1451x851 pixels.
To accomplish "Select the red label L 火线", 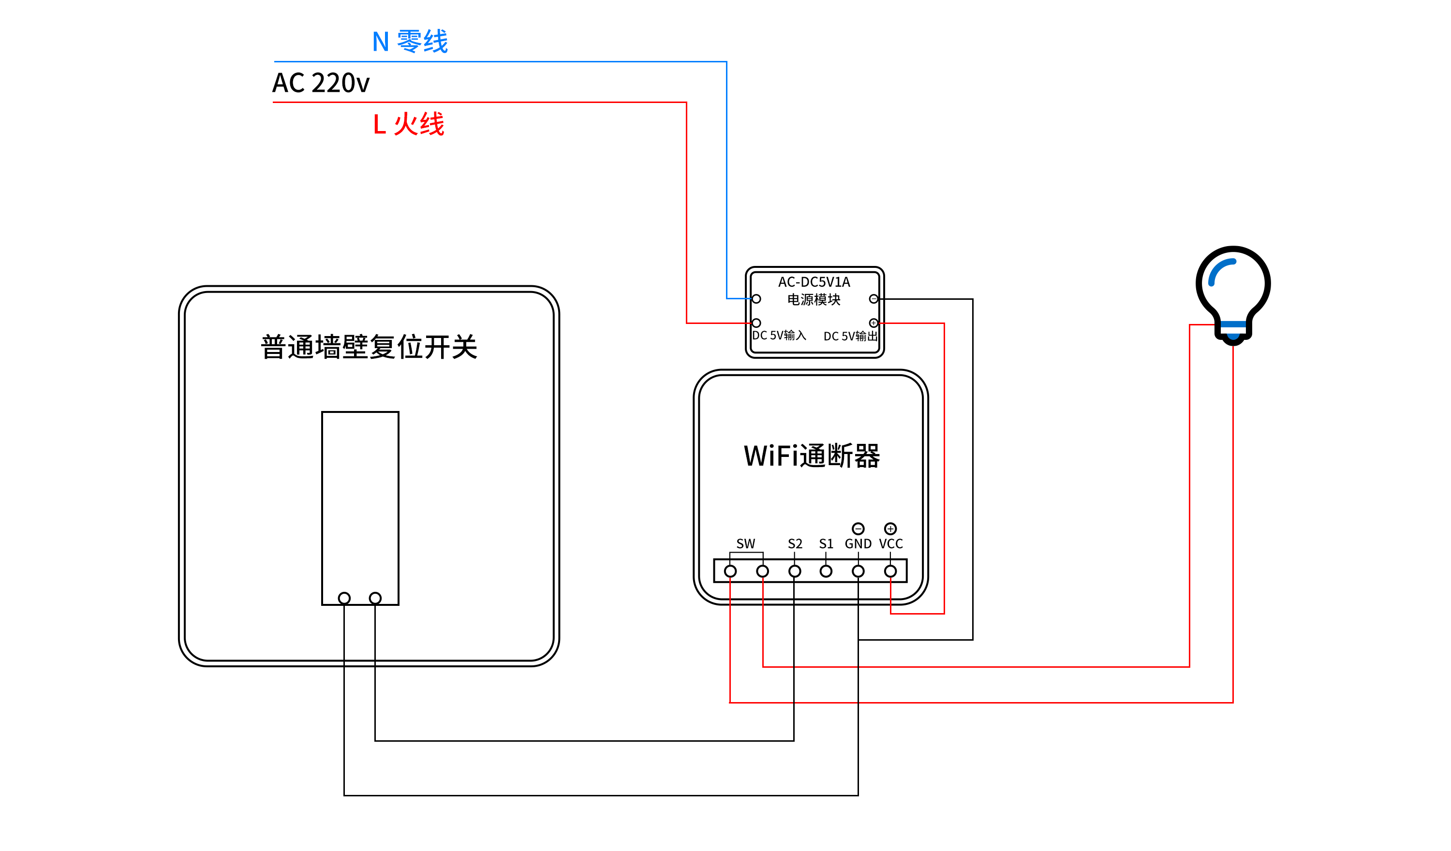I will pos(408,124).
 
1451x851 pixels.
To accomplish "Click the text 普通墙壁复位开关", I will pos(369,347).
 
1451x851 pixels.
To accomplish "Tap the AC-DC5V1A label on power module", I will pos(814,282).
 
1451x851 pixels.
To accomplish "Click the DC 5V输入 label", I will pos(779,336).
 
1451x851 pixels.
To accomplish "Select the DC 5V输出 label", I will pos(850,336).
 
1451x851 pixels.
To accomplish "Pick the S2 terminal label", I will pos(795,543).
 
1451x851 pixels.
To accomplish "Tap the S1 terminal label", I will pos(826,543).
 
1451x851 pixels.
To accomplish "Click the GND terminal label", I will pos(858,543).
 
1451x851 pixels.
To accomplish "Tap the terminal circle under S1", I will pos(826,571).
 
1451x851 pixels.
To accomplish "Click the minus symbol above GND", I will pos(858,528).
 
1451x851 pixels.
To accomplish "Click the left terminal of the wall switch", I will pos(344,598).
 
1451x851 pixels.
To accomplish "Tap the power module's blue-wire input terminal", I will pos(756,299).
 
